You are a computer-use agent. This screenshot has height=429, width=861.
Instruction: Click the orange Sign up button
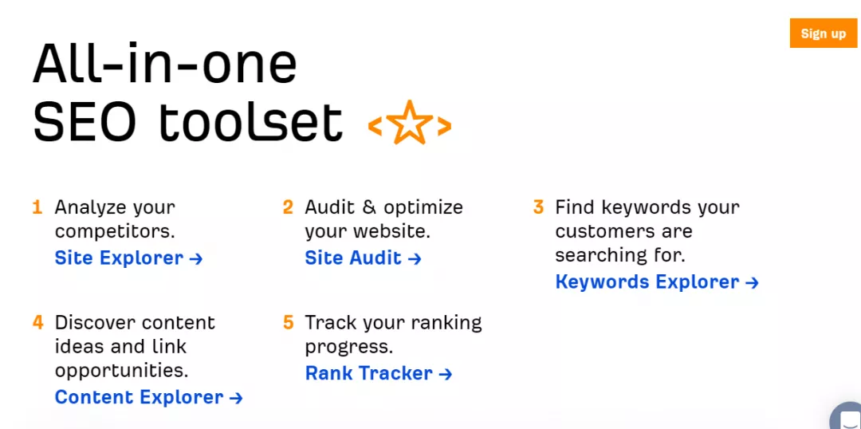pos(823,33)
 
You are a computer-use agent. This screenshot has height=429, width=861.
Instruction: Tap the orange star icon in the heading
pos(410,123)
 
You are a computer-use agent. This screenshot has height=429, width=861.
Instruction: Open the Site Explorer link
pos(128,258)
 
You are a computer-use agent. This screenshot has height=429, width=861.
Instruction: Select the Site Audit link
pos(363,258)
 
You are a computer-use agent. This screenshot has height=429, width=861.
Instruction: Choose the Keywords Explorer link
pos(657,281)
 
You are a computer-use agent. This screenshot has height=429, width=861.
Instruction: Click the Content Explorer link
pos(148,396)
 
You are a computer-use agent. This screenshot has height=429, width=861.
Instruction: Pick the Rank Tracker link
pos(379,373)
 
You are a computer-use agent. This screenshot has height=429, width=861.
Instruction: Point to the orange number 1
pos(37,207)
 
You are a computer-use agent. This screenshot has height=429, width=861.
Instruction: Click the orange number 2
pos(289,207)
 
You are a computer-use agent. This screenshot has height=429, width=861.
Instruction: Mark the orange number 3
pos(539,207)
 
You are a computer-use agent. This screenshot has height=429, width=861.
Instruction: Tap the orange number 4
pos(38,322)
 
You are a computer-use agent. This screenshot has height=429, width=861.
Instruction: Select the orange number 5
pos(289,322)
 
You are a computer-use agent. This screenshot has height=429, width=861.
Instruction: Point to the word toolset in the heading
pos(251,121)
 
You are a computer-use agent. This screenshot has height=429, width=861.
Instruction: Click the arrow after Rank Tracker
pos(446,374)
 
